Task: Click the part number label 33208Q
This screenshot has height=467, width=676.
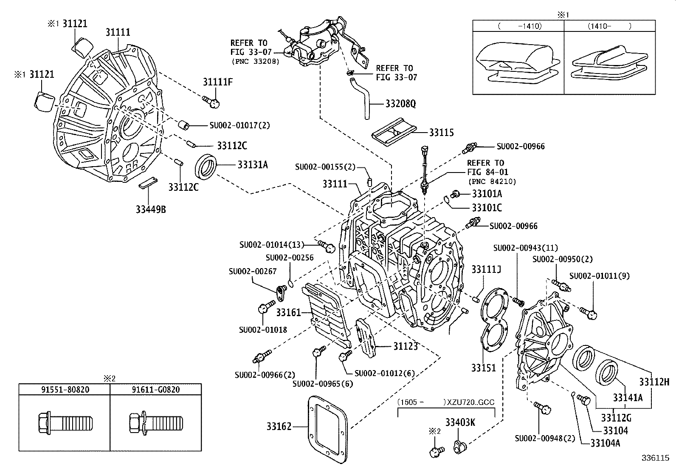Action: click(400, 104)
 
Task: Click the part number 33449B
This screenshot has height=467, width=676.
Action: click(151, 209)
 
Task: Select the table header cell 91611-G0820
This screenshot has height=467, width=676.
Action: click(155, 389)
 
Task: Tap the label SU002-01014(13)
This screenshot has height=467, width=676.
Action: click(272, 245)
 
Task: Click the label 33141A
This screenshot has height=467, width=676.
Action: click(627, 398)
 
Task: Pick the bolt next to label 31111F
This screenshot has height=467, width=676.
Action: click(211, 101)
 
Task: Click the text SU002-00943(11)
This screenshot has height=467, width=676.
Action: click(525, 248)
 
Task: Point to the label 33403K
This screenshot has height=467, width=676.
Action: click(460, 422)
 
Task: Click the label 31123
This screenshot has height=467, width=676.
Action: click(405, 346)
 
